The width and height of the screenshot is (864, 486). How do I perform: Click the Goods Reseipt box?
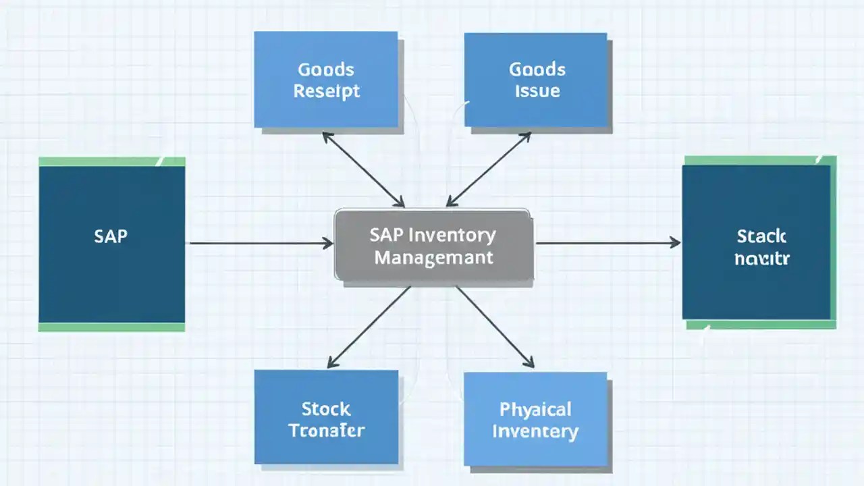326,79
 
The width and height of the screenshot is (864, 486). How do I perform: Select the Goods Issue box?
537,79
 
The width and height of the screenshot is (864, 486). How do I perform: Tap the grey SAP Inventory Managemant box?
433,245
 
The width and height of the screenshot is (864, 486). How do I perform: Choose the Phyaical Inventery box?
535,419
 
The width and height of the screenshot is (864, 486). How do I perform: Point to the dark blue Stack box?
757,242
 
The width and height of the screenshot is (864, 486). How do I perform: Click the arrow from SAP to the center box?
261,243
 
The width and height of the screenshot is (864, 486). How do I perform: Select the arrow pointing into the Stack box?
607,242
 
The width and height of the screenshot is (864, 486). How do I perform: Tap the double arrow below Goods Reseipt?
363,169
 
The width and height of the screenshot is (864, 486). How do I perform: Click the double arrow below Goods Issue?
488,169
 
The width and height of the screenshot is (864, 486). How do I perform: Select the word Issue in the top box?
537,91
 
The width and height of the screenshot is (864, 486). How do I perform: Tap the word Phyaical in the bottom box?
535,409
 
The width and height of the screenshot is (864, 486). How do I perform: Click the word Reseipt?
327,91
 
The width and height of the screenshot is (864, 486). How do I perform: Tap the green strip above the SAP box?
111,161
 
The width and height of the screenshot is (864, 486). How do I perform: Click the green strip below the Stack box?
761,324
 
